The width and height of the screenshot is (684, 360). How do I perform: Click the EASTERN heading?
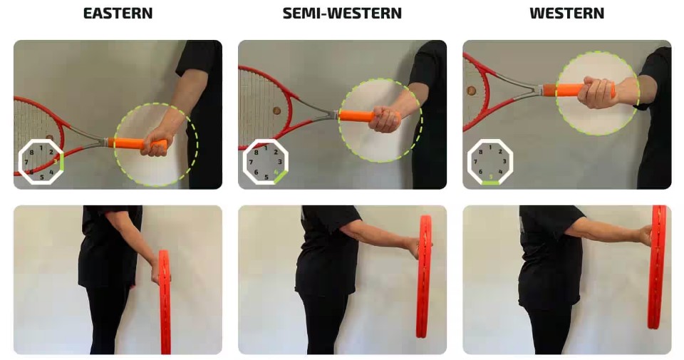(x=118, y=13)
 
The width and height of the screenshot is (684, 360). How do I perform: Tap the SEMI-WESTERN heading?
(x=342, y=13)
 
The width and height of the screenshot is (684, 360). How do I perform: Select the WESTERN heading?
(x=566, y=13)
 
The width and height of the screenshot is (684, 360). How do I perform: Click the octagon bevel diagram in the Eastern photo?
(x=41, y=161)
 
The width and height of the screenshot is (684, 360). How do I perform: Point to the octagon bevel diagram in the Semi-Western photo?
(x=266, y=162)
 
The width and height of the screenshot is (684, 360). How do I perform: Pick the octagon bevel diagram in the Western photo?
(x=490, y=162)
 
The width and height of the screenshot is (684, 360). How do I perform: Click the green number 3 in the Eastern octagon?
(x=56, y=161)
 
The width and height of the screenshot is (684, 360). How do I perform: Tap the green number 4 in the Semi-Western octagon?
(x=276, y=173)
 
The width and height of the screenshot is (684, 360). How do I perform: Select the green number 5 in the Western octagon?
(x=491, y=177)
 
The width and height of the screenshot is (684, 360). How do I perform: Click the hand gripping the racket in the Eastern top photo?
(x=155, y=140)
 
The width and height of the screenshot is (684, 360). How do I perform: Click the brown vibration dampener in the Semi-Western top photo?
(x=276, y=110)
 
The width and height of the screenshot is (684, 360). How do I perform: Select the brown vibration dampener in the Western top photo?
(x=471, y=91)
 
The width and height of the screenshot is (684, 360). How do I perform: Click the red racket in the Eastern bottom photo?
(x=165, y=302)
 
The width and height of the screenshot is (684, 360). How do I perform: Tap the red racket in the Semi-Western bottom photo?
(x=423, y=276)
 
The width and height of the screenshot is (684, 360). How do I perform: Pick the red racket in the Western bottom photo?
(x=657, y=267)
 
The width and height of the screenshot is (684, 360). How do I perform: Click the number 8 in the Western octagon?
(x=481, y=152)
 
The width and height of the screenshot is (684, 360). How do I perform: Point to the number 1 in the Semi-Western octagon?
(x=266, y=148)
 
